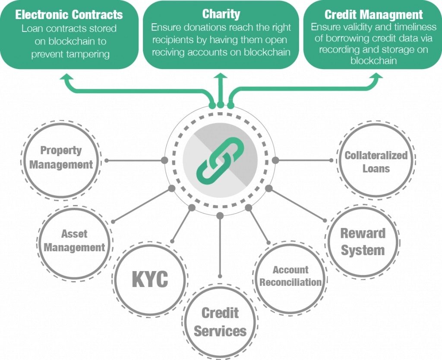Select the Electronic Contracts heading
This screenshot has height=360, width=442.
[x=69, y=14]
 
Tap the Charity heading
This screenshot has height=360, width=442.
[x=221, y=14]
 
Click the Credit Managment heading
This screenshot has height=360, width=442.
[x=373, y=14]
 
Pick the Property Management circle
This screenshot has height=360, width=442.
[x=61, y=158]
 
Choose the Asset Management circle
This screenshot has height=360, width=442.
[x=74, y=241]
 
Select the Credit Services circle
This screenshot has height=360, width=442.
[x=220, y=322]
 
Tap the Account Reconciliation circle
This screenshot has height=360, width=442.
[x=290, y=276]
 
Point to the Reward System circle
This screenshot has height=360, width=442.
[x=363, y=242]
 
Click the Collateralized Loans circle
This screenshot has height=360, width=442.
[x=376, y=161]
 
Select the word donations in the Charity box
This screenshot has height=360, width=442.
[x=202, y=27]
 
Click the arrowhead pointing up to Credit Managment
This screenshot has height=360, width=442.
[x=376, y=77]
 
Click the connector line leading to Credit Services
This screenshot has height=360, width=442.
[x=220, y=246]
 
